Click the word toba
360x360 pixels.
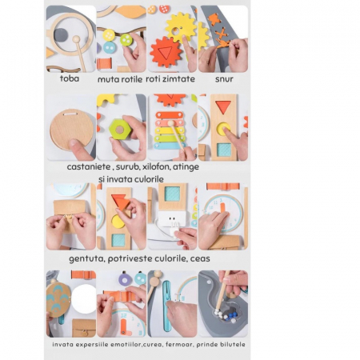click(x=70, y=78)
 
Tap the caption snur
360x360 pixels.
click(x=224, y=79)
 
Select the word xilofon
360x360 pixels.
click(x=156, y=166)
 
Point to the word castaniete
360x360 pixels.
click(x=89, y=166)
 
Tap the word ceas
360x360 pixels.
click(x=200, y=258)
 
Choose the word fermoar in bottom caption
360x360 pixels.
click(x=179, y=344)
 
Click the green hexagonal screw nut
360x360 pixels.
click(x=120, y=130)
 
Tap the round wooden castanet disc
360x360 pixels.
click(x=71, y=130)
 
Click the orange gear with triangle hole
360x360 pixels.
click(x=166, y=52)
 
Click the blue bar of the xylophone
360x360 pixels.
click(x=170, y=146)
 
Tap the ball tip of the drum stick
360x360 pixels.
click(x=76, y=39)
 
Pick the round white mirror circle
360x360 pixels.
click(x=84, y=299)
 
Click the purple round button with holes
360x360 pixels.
click(x=125, y=279)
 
